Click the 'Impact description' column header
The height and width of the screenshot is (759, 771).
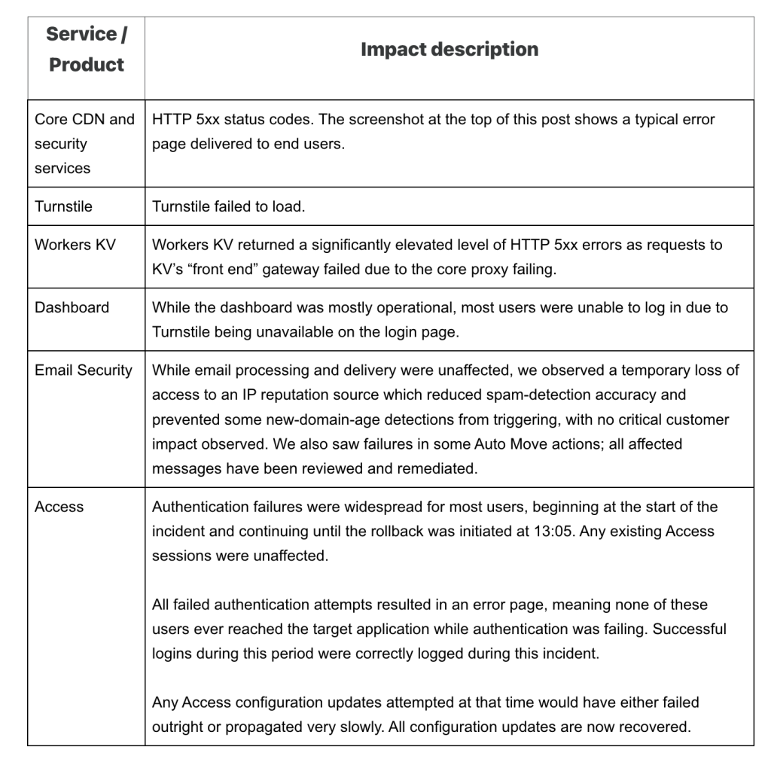(x=449, y=50)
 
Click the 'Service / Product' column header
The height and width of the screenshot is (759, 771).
(x=86, y=49)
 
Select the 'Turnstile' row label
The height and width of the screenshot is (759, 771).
(x=63, y=206)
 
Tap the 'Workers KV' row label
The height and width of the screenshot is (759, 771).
(x=75, y=245)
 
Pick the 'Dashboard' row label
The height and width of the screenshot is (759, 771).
(x=72, y=307)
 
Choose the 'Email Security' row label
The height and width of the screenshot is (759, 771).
(x=84, y=370)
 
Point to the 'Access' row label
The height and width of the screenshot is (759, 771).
(x=59, y=507)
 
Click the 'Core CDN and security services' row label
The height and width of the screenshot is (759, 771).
(x=84, y=143)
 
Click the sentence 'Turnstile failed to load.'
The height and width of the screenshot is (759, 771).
(x=228, y=206)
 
